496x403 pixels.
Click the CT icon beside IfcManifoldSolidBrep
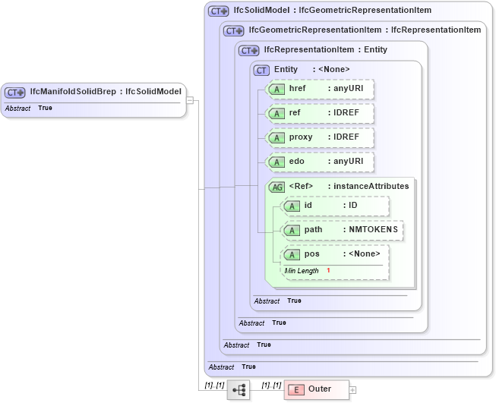(15, 92)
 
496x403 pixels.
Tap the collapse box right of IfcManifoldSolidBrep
(191, 99)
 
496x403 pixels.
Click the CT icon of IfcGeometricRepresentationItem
(234, 30)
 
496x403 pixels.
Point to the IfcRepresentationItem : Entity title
(325, 50)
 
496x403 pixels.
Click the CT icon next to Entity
(261, 70)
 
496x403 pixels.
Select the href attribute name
(297, 89)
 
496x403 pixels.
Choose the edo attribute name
(297, 162)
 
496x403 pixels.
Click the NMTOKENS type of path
(372, 229)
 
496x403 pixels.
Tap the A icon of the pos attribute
(292, 254)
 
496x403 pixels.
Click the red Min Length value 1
(328, 271)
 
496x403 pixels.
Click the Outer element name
(319, 389)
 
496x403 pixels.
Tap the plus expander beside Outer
(352, 389)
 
